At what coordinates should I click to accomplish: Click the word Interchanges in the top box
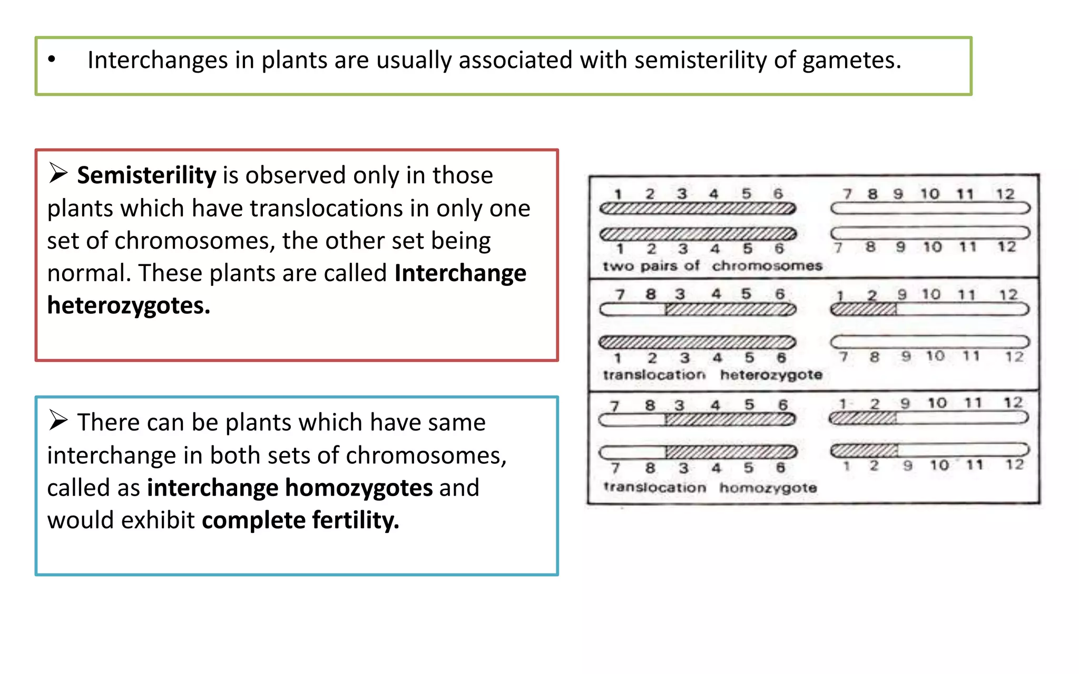[157, 60]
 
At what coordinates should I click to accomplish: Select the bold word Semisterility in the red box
[146, 175]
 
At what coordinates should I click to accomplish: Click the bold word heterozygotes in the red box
[129, 305]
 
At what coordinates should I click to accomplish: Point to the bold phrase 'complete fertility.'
[300, 520]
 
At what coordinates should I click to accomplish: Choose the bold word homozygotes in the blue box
[359, 488]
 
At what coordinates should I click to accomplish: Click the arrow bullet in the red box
[58, 173]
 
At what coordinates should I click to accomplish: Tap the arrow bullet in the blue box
[58, 420]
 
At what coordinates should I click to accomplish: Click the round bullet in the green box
[52, 60]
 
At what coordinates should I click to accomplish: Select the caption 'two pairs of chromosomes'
[712, 266]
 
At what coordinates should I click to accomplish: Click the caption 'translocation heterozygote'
[712, 375]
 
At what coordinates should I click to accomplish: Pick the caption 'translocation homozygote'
[710, 488]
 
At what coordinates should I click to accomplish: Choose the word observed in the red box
[296, 175]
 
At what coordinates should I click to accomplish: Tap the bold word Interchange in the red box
[460, 273]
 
